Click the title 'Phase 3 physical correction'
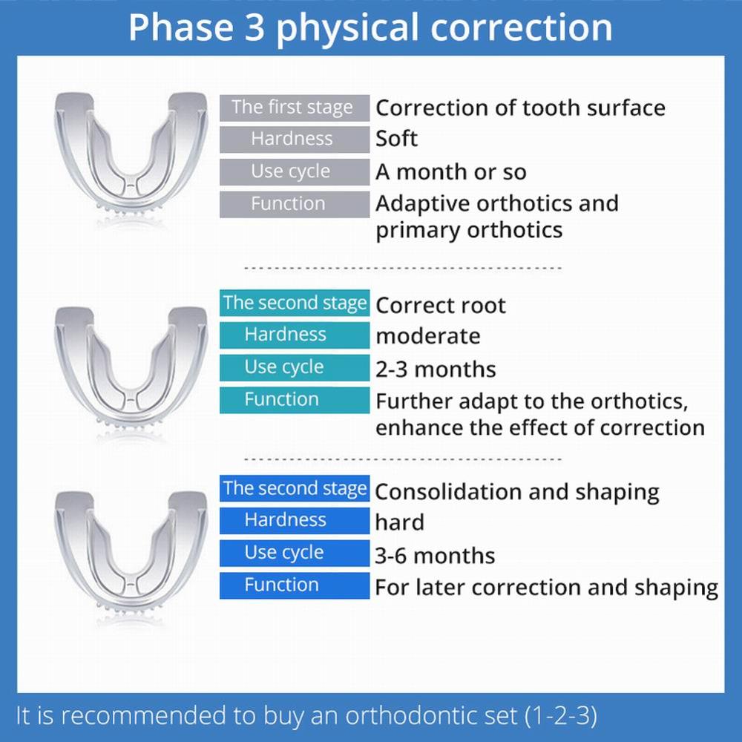[x=370, y=27]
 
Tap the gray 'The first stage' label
[x=294, y=107]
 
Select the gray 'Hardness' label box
[x=294, y=139]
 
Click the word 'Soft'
[x=396, y=139]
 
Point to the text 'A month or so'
[x=450, y=172]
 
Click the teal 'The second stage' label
[x=294, y=303]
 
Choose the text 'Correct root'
[x=440, y=306]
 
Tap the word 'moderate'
[x=427, y=336]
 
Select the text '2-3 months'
[x=435, y=369]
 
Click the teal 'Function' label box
[x=294, y=400]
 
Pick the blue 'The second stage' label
[x=294, y=488]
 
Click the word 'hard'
[x=399, y=522]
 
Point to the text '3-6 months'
[x=435, y=555]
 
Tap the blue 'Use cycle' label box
[x=294, y=553]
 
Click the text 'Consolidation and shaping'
[x=516, y=492]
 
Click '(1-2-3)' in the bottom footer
[x=561, y=716]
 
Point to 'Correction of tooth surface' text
[x=519, y=108]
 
